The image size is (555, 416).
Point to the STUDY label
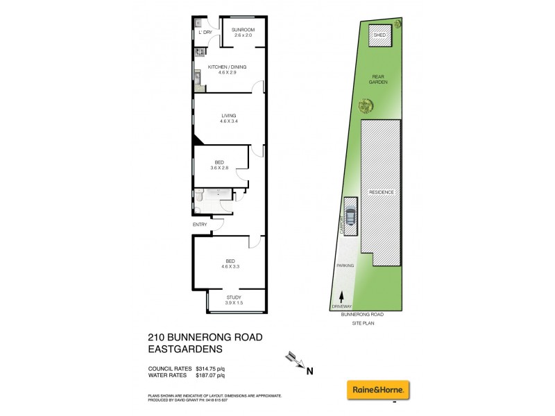[233, 297]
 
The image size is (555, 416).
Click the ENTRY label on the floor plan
[200, 224]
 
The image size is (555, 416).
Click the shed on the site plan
[379, 36]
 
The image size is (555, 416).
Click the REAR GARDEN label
[378, 78]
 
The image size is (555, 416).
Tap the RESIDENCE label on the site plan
[382, 192]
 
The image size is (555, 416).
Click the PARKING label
[345, 266]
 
